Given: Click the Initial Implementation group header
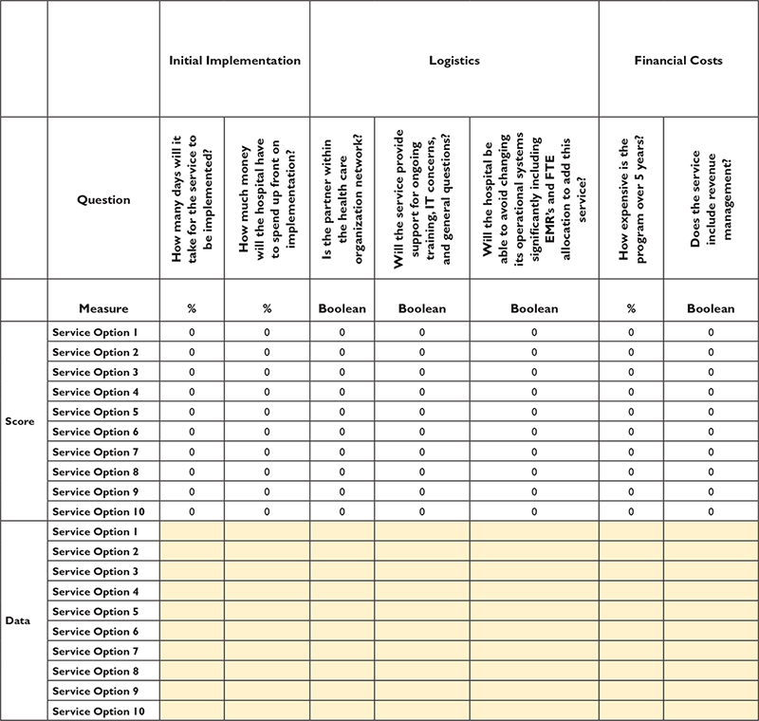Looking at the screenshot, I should [234, 61].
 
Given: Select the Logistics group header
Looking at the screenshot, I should [454, 61].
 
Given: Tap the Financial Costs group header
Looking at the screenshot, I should [678, 61].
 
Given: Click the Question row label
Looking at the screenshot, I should [103, 200].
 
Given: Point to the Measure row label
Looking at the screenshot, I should [103, 308].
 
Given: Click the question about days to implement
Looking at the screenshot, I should [193, 199].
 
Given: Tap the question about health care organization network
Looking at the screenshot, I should [342, 199].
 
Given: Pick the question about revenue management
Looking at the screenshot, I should [711, 199].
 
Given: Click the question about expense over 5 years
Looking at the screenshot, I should [631, 199].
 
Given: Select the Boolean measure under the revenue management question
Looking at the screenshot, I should [711, 308].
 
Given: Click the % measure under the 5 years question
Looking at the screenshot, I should [631, 308].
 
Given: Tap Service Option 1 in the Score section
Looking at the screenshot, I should [96, 332].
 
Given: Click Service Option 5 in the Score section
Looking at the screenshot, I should [96, 412].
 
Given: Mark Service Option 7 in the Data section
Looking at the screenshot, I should [96, 651].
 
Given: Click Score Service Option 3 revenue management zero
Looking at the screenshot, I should [711, 372].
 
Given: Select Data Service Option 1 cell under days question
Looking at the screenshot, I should [193, 531].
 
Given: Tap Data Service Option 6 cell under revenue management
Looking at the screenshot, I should [711, 631].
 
